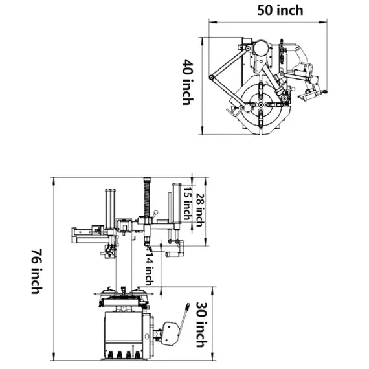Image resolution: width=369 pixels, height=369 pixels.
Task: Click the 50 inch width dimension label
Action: [x=280, y=10]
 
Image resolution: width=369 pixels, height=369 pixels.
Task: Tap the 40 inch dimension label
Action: [x=187, y=82]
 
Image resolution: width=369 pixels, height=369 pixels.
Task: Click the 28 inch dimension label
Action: [x=200, y=210]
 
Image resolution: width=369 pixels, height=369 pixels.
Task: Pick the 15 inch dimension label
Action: [x=187, y=203]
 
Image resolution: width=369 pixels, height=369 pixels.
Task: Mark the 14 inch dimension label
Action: [x=149, y=269]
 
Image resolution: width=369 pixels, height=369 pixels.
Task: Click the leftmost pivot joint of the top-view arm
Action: [x=210, y=78]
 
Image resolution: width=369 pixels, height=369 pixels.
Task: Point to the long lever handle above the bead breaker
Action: [x=184, y=317]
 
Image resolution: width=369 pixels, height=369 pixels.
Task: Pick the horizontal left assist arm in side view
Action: [x=87, y=234]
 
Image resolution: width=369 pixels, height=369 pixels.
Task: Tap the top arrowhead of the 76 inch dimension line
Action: [x=53, y=180]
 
